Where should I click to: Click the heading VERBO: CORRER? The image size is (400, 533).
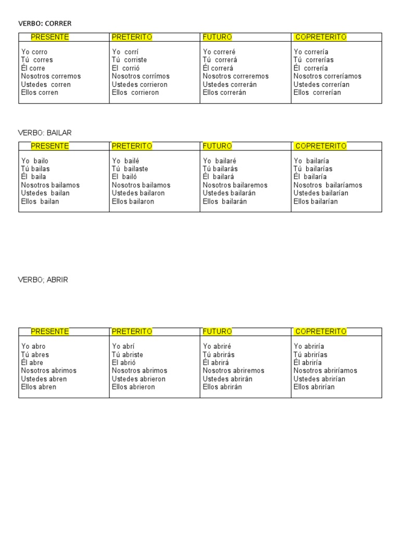(45, 23)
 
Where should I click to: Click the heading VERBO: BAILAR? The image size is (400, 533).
(45, 133)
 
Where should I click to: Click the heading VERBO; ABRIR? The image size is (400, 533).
(43, 280)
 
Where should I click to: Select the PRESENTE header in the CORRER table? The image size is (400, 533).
(50, 37)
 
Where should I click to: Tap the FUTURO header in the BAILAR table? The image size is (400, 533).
(217, 146)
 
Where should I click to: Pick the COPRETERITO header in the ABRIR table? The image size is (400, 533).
(320, 332)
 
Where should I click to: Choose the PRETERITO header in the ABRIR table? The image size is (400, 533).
(132, 332)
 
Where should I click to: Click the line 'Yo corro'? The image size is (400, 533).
(34, 52)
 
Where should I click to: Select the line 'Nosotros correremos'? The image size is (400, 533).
(235, 76)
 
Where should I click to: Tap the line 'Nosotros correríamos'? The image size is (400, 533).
(328, 76)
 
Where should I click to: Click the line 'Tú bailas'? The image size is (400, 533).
(35, 169)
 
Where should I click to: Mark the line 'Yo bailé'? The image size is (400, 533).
(126, 161)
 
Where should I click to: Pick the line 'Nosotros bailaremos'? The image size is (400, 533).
(235, 185)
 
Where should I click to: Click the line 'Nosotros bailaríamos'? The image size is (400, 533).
(328, 185)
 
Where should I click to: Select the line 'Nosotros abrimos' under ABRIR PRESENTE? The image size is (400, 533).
(49, 371)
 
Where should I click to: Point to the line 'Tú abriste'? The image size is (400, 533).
(127, 354)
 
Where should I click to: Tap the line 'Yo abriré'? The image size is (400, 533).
(217, 346)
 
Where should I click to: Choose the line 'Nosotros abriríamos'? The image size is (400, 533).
(326, 371)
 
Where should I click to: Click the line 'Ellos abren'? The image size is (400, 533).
(39, 387)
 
